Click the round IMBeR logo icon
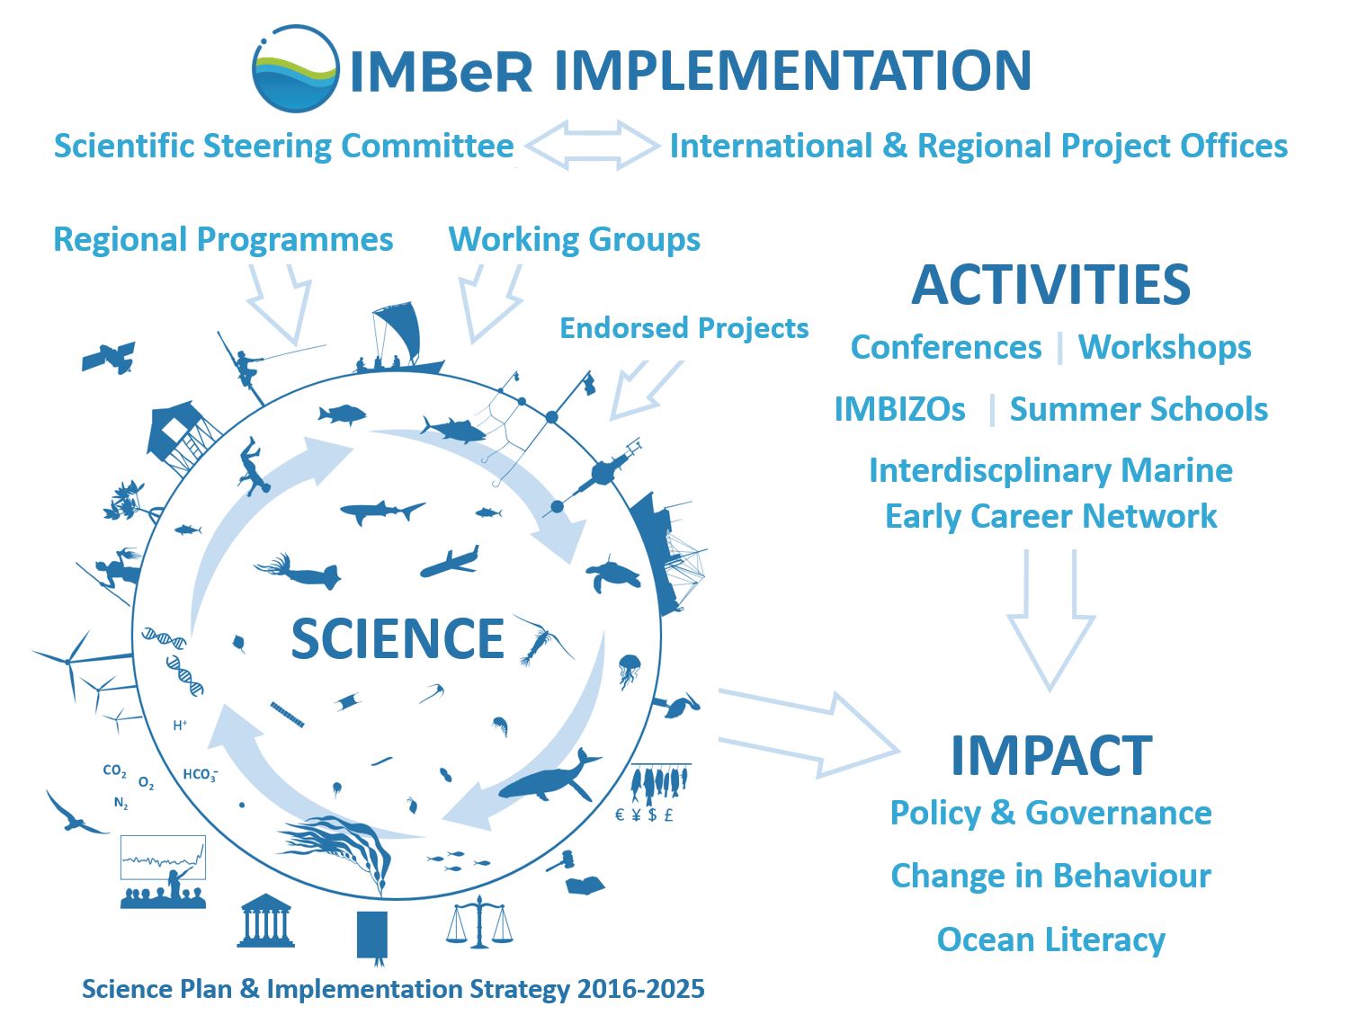click(295, 68)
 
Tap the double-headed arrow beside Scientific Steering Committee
click(592, 145)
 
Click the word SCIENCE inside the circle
click(398, 638)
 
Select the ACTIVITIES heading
click(1050, 284)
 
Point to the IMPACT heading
click(1051, 755)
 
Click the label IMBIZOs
click(899, 409)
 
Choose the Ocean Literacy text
click(1050, 939)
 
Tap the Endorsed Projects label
click(683, 328)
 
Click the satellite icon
click(109, 357)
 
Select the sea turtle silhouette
click(614, 574)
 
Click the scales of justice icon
click(479, 922)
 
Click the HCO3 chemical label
click(200, 774)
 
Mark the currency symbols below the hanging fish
click(644, 815)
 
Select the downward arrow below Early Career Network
click(1050, 620)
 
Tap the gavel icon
click(560, 861)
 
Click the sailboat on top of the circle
click(399, 338)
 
